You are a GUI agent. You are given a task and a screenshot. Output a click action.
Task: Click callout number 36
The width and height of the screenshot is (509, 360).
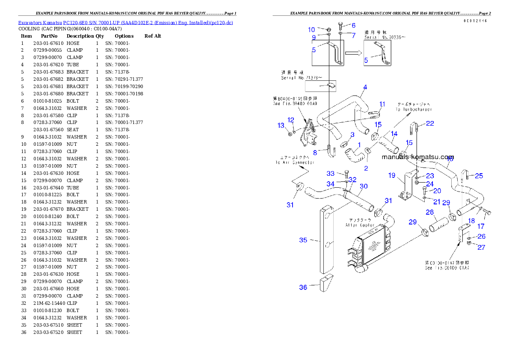click(303, 287)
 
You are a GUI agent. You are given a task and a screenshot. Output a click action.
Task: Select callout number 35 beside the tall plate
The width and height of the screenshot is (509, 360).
click(303, 240)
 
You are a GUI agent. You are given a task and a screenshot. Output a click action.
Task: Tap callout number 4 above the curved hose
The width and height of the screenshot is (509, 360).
click(365, 87)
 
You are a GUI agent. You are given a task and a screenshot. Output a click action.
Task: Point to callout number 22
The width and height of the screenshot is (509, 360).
click(430, 124)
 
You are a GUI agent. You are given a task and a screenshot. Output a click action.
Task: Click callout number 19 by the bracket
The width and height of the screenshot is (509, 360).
click(392, 175)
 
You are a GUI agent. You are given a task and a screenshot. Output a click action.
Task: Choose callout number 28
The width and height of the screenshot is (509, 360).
click(429, 212)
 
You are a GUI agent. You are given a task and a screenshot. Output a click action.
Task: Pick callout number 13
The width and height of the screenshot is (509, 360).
click(281, 125)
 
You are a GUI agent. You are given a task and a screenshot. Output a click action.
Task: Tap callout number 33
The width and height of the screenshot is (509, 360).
click(331, 173)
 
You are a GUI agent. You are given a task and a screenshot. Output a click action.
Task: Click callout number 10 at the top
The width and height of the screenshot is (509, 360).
click(311, 30)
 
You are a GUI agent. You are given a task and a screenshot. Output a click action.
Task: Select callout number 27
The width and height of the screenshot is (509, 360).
click(482, 247)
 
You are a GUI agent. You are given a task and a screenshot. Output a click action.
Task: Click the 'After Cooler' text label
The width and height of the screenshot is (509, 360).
click(360, 223)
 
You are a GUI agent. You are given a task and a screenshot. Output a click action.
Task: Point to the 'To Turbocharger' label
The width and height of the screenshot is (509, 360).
click(414, 106)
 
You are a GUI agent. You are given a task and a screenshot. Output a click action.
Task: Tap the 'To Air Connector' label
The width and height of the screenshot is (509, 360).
click(295, 160)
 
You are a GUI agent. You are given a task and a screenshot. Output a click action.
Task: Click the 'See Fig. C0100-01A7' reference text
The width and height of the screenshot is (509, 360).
click(447, 266)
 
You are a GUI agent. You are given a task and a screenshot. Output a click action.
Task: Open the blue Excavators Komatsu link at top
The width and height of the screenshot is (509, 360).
click(125, 22)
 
